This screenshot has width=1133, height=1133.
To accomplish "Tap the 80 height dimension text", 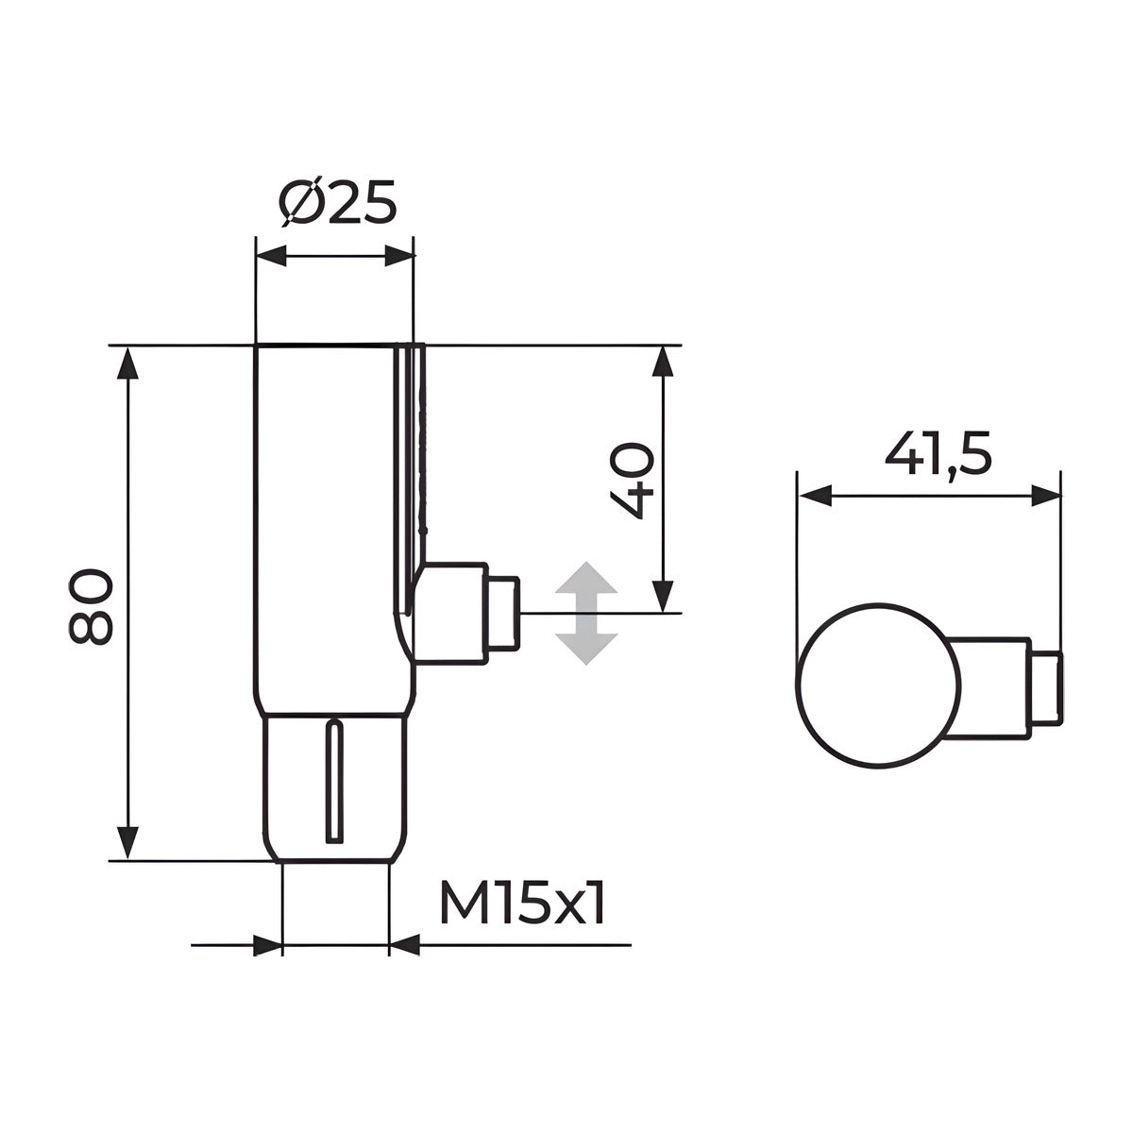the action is [x=90, y=606].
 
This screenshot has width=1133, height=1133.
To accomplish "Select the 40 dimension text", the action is [x=632, y=482].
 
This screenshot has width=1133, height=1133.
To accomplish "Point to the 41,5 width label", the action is [x=938, y=453].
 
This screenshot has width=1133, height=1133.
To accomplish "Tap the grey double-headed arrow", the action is [x=586, y=614].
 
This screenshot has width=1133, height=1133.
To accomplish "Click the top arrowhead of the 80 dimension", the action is [x=127, y=363].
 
